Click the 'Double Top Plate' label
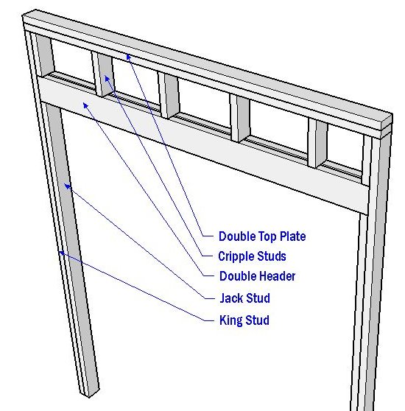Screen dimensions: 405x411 coord(262,236)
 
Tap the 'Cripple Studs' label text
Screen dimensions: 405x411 coord(252,256)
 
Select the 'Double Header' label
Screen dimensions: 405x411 coord(257,276)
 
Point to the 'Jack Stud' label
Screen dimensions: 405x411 coord(245,298)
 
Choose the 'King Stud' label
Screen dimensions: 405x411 coord(244,320)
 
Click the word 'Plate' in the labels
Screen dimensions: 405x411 coord(293,236)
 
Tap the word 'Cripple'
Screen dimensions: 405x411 coord(236,256)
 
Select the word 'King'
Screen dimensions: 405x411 coord(230,320)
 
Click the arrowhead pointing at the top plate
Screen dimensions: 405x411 coord(128,57)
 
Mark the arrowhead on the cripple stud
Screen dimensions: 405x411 coord(107,78)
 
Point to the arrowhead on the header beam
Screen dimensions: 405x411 coord(85,105)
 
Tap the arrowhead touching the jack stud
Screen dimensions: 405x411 coord(67,186)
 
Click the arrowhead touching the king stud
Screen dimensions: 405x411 coord(61,253)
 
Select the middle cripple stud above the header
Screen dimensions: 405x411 coord(169,96)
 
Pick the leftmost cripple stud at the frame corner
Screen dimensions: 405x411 coord(44,55)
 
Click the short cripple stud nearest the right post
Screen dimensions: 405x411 coord(317,143)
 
